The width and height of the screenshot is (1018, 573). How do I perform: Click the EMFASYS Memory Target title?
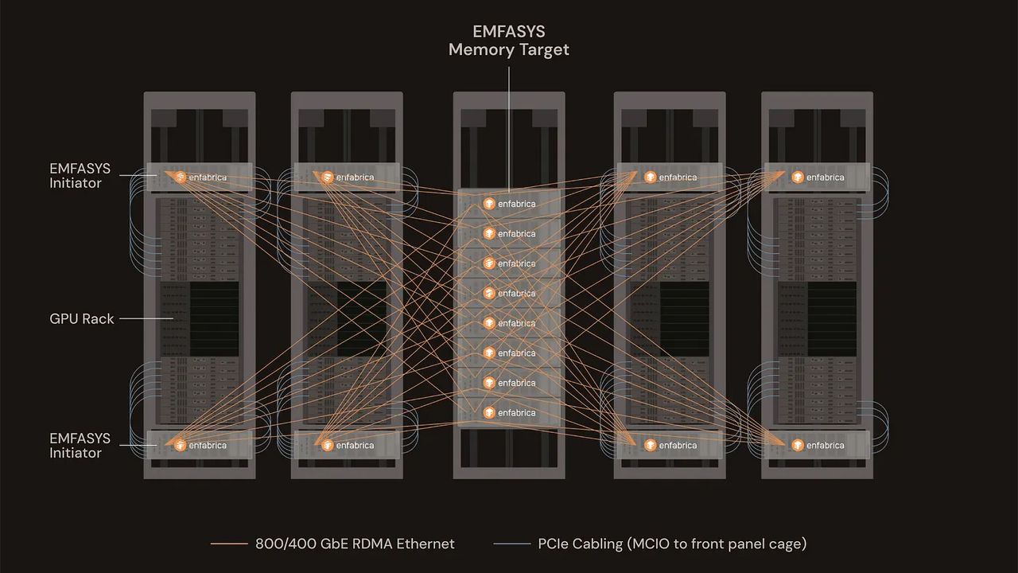tap(509, 41)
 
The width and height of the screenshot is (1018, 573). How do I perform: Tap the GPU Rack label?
tap(82, 319)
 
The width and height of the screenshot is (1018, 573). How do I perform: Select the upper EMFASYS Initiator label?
tap(80, 176)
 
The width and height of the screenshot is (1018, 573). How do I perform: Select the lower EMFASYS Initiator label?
tap(80, 446)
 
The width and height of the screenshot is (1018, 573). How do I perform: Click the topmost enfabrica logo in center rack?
tap(488, 204)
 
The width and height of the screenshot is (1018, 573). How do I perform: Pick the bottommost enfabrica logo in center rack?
tap(488, 413)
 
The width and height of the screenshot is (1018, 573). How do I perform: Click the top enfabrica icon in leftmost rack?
tap(180, 177)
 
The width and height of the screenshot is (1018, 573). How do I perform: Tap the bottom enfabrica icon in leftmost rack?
tap(180, 446)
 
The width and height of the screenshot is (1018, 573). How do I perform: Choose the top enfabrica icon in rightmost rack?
tap(797, 177)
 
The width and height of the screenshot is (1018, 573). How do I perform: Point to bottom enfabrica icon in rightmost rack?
tap(797, 446)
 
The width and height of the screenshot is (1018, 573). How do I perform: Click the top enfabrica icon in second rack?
tap(327, 177)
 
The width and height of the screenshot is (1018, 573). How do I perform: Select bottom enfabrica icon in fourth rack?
tap(650, 446)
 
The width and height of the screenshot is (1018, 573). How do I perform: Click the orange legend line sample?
tap(229, 544)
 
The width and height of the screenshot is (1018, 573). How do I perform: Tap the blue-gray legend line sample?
tap(511, 544)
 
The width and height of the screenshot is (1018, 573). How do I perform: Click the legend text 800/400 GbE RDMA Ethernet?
tap(355, 544)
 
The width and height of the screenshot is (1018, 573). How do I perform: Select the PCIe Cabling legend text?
tap(672, 544)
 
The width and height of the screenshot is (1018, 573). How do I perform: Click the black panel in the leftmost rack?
tap(213, 318)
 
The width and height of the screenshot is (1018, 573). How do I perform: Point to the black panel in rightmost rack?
tap(831, 318)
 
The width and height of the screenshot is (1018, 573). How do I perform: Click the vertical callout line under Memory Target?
tap(509, 127)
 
